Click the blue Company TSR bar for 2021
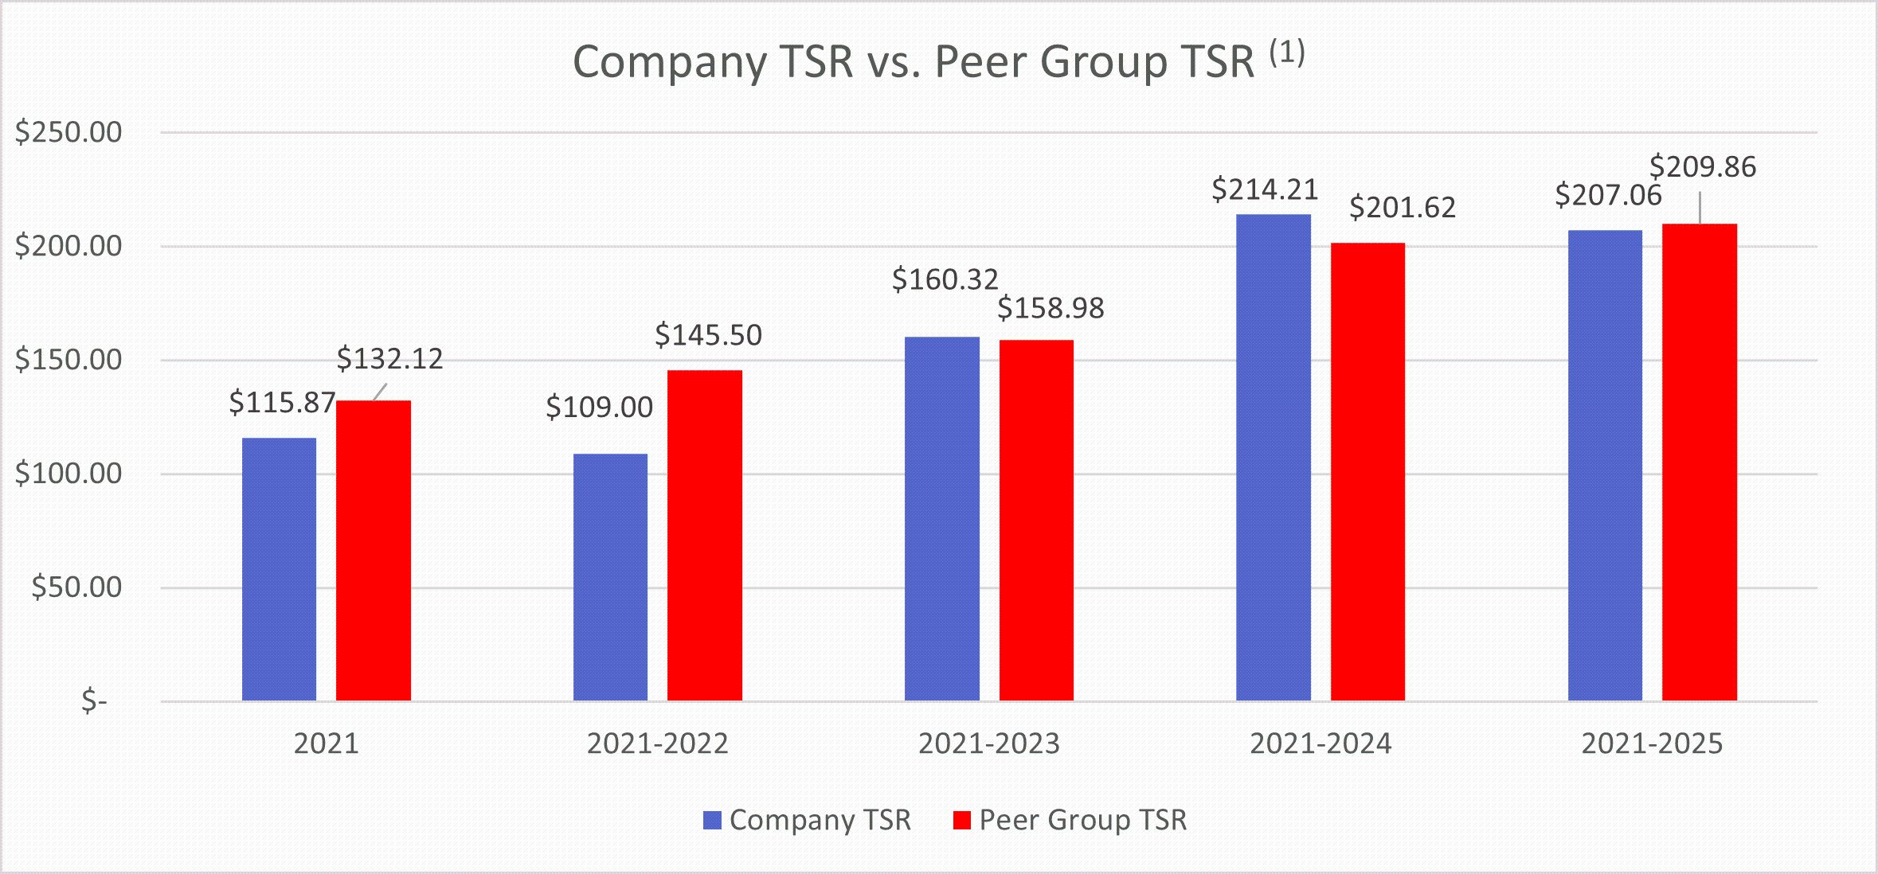click(279, 569)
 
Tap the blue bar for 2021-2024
click(1273, 458)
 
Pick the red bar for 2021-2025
click(1699, 462)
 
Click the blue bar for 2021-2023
click(941, 518)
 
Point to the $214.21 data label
click(1264, 189)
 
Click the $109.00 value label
click(599, 408)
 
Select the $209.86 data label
click(1702, 167)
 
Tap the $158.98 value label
click(1051, 308)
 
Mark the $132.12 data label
click(389, 359)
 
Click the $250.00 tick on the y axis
click(68, 132)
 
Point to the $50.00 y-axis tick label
click(76, 587)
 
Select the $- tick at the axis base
click(94, 701)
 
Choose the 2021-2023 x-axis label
click(988, 743)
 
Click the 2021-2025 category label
click(1652, 743)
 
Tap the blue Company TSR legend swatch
click(712, 820)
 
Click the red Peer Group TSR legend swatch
click(962, 820)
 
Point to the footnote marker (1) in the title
click(1286, 53)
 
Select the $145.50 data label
click(708, 335)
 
